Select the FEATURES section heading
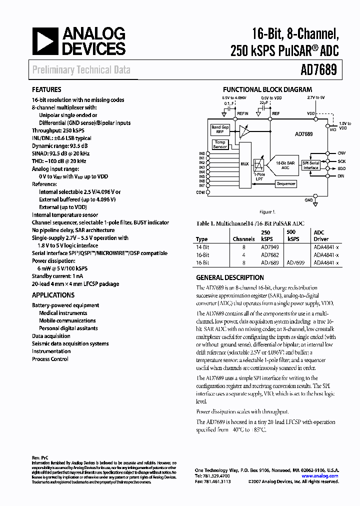[46, 90]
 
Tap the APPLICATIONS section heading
[53, 295]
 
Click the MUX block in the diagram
[244, 163]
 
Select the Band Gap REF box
[220, 129]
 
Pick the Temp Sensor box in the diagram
[220, 144]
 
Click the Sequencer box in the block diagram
[286, 183]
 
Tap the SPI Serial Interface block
[310, 165]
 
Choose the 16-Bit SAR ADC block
[285, 165]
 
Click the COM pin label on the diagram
[200, 192]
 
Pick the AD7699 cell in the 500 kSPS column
[293, 262]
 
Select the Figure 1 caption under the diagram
[267, 211]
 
